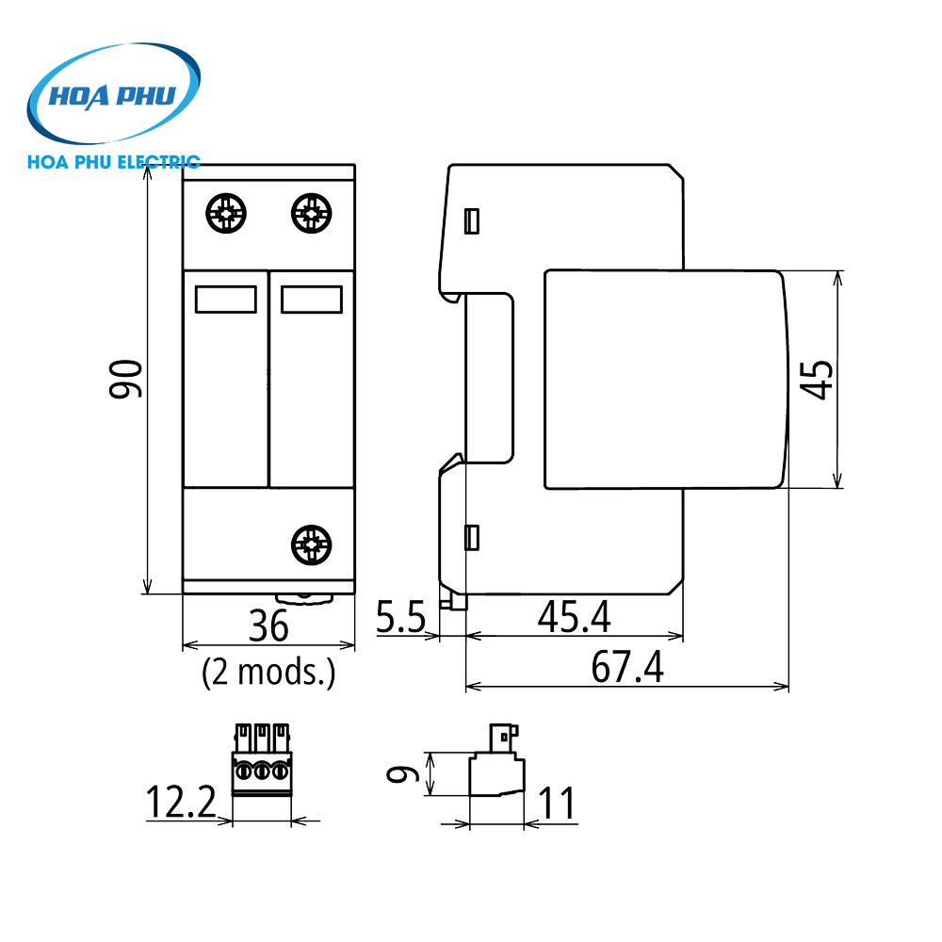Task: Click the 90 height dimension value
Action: pyautogui.click(x=126, y=379)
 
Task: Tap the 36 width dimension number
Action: pyautogui.click(x=268, y=626)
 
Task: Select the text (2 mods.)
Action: pyautogui.click(x=268, y=673)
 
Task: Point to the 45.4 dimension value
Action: pyautogui.click(x=574, y=617)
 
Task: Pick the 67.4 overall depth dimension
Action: pyautogui.click(x=627, y=668)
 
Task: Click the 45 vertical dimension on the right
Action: pyautogui.click(x=820, y=379)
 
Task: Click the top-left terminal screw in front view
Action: pyautogui.click(x=227, y=214)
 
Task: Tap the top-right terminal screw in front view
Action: pyautogui.click(x=311, y=213)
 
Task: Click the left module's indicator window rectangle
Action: pyautogui.click(x=225, y=300)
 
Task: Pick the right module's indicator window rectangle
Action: pyautogui.click(x=311, y=300)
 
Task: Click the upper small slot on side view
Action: pyautogui.click(x=473, y=221)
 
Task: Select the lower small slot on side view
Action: pyautogui.click(x=473, y=538)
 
